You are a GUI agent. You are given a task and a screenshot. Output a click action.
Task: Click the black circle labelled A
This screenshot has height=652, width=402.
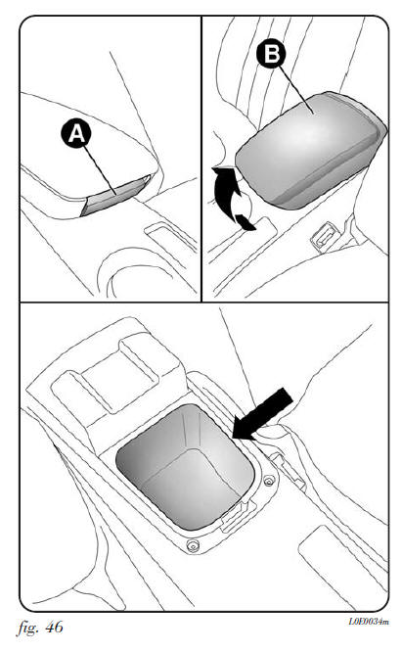point(77,132)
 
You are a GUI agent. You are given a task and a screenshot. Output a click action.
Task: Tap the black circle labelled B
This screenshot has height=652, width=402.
point(272,54)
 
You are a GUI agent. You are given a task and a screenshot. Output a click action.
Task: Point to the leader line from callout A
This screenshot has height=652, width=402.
point(100,169)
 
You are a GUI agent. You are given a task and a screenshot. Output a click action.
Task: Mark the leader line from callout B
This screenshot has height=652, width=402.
point(296,89)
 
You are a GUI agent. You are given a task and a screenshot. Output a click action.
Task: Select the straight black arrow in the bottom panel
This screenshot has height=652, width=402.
point(262,414)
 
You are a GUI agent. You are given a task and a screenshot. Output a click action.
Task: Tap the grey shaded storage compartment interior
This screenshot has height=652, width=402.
point(185,467)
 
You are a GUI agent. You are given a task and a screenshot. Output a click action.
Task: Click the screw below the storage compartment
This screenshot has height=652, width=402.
point(193,545)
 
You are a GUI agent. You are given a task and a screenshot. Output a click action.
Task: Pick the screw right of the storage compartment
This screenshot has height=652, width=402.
point(270,481)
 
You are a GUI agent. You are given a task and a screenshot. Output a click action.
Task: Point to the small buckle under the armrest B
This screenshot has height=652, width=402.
point(325,236)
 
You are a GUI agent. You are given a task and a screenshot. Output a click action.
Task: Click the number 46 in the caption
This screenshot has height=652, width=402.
point(54,628)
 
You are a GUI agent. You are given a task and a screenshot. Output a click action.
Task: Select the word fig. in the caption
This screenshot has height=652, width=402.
point(28,628)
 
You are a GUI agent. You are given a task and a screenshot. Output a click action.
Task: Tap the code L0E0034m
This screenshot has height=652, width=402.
point(369,622)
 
